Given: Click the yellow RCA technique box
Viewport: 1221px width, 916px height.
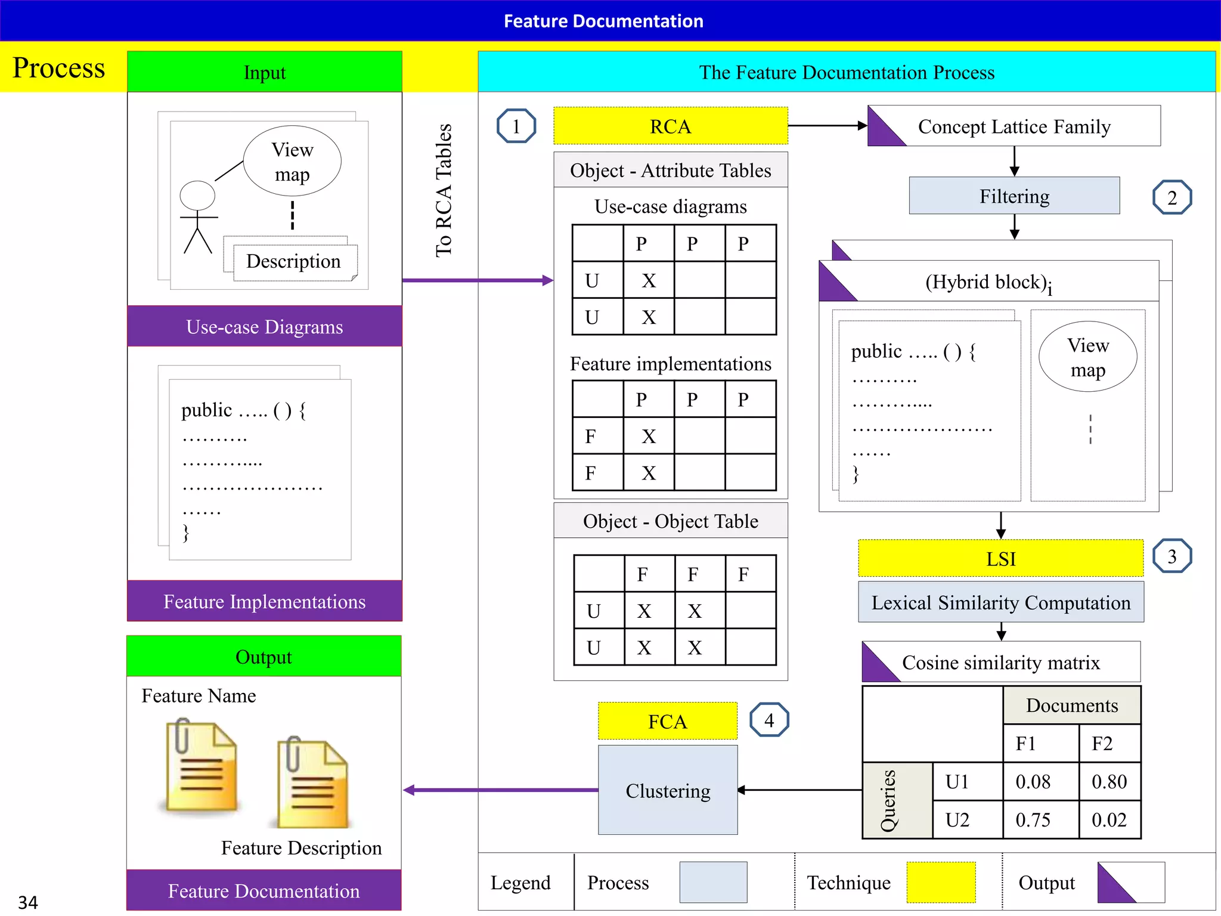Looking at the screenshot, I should [x=670, y=126].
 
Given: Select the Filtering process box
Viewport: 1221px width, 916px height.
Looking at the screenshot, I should [x=1014, y=196].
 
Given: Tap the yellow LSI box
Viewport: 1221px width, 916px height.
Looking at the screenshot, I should [x=1000, y=559].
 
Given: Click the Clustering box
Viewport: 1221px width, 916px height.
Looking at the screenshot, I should [x=668, y=790].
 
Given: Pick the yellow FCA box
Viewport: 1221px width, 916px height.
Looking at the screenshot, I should [x=667, y=722].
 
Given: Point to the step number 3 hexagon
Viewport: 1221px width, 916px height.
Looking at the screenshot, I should [x=1172, y=556].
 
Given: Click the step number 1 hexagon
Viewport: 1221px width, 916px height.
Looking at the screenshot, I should [x=516, y=126].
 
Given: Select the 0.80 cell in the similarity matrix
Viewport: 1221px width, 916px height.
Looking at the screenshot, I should [x=1109, y=781].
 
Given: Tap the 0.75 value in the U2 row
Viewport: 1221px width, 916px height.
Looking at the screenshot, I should [x=1033, y=819].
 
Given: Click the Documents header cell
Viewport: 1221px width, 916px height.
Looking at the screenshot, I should [x=1071, y=705].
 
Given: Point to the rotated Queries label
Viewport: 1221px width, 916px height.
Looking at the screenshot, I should [x=888, y=800].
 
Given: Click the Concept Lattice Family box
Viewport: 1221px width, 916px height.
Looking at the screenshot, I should [x=1014, y=126].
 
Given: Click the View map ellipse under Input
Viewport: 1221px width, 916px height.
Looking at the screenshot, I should [x=292, y=161].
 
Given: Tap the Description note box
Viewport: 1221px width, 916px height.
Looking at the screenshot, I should [x=293, y=261].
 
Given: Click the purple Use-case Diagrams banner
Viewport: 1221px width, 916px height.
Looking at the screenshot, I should [x=264, y=327].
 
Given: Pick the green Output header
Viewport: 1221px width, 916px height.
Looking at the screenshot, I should [x=264, y=657].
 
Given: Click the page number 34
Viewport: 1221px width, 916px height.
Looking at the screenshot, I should [x=27, y=902].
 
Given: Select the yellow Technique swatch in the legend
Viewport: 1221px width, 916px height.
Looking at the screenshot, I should [x=940, y=882].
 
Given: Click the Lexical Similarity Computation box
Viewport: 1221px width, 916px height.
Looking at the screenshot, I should [x=1000, y=602].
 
